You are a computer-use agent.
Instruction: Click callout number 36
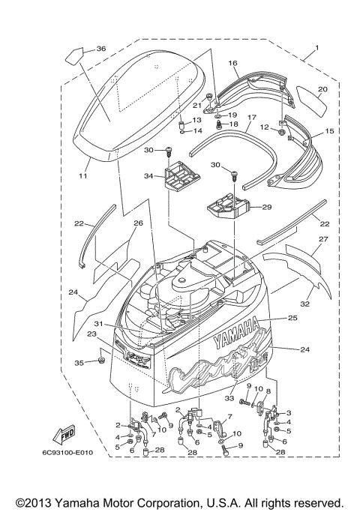pyautogui.click(x=101, y=49)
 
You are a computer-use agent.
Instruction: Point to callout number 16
pyautogui.click(x=232, y=64)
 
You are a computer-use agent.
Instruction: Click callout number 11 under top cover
pyautogui.click(x=83, y=175)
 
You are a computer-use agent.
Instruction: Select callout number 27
pyautogui.click(x=324, y=240)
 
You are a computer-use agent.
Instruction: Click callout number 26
pyautogui.click(x=138, y=223)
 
